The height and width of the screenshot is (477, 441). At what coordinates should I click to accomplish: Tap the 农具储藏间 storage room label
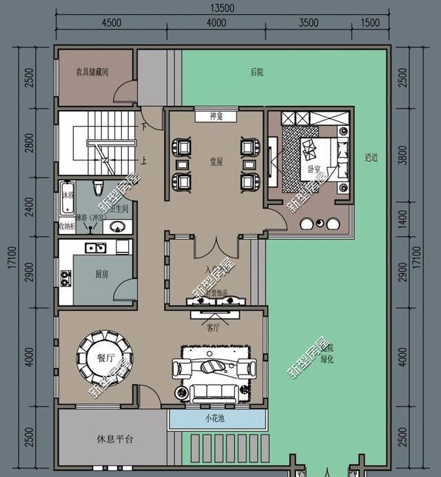click(92, 72)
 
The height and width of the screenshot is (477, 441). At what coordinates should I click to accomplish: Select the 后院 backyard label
click(257, 72)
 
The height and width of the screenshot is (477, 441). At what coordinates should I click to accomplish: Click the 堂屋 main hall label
click(216, 162)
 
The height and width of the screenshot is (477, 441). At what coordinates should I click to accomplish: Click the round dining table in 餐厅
click(105, 357)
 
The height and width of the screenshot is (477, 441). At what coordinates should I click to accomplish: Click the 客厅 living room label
click(213, 326)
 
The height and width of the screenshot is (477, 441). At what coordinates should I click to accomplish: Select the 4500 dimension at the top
click(111, 23)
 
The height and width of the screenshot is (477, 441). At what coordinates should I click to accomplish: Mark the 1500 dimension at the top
click(370, 23)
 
